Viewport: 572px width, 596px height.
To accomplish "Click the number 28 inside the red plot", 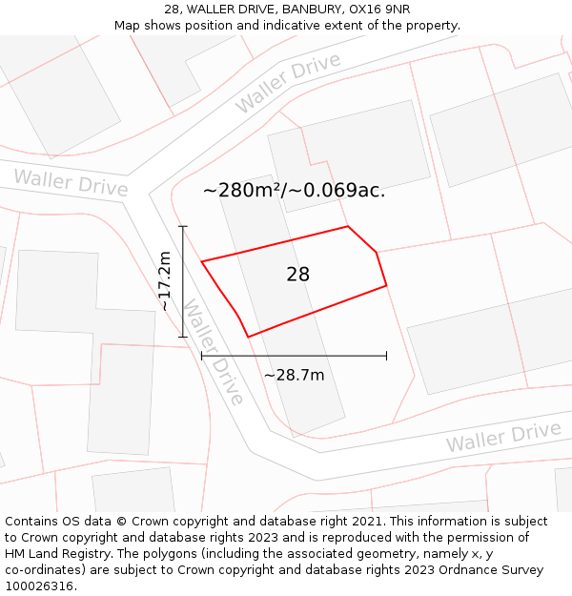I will point(297,275).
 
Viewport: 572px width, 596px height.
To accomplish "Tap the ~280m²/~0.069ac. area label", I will point(294,190).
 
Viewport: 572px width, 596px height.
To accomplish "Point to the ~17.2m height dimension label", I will point(164,281).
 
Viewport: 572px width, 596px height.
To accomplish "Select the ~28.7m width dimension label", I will point(294,375).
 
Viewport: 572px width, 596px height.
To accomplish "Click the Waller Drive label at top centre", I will point(288,84).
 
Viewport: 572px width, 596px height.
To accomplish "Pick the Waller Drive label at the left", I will point(71,182).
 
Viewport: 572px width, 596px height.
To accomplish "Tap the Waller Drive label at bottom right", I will point(503,437).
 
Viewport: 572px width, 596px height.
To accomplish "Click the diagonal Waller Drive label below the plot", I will point(214,352).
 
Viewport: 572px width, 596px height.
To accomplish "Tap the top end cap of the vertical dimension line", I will point(183,227).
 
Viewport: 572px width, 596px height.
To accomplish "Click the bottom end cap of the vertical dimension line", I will point(183,337).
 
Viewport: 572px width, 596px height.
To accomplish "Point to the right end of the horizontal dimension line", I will point(386,356).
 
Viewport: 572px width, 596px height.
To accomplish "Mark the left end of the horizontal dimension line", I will point(201,356).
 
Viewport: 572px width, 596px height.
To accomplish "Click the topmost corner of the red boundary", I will point(348,227).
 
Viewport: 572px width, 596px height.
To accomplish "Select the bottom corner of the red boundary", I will point(248,337).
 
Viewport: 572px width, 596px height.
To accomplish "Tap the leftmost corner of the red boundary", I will point(201,261).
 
